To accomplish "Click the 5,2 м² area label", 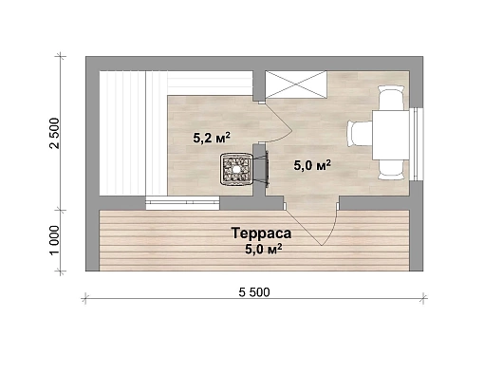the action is click(x=212, y=138).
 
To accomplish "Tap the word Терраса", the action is click(x=261, y=234).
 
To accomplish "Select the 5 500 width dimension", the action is click(x=254, y=292).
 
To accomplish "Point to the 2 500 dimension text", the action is click(x=54, y=133).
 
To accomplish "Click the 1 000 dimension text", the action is click(x=54, y=239).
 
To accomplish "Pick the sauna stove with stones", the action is click(x=236, y=169).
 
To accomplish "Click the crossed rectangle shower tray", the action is click(x=296, y=84).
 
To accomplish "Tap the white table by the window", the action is click(x=391, y=135).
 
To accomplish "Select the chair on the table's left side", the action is click(x=360, y=134).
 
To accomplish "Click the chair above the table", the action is click(x=391, y=98).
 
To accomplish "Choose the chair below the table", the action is click(x=391, y=170).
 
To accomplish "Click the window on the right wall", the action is click(x=417, y=144).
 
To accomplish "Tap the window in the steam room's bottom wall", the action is click(x=182, y=203).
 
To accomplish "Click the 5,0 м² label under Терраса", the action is click(x=264, y=250).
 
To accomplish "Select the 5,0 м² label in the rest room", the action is click(x=312, y=165).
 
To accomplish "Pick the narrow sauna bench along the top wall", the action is click(x=210, y=83).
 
